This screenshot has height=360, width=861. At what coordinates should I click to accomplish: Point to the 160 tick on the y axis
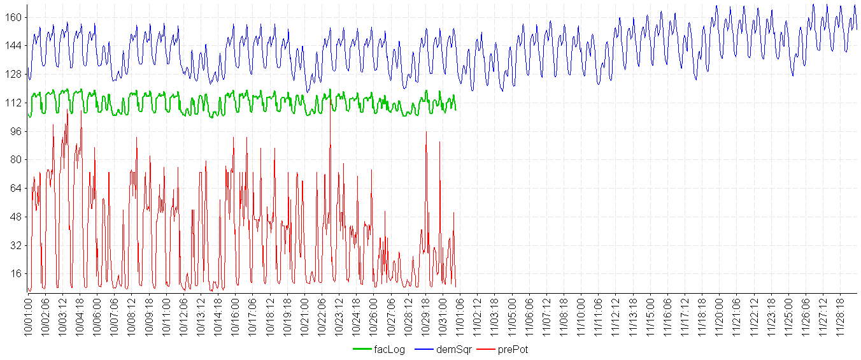[14, 17]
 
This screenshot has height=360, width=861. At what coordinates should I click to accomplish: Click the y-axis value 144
[14, 45]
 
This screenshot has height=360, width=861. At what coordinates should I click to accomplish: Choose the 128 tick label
[14, 74]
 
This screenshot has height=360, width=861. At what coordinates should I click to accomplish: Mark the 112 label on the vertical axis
[14, 103]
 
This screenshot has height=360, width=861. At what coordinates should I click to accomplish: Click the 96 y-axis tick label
[17, 131]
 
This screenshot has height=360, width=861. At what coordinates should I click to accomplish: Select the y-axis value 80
[17, 159]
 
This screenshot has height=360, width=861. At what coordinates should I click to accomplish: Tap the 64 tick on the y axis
[17, 188]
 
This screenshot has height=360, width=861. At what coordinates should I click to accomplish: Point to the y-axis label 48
[17, 217]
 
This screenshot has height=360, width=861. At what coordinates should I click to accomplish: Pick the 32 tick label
[17, 245]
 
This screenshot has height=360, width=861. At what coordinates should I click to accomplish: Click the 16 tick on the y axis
[17, 273]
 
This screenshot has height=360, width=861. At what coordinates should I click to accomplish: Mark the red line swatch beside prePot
[487, 349]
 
